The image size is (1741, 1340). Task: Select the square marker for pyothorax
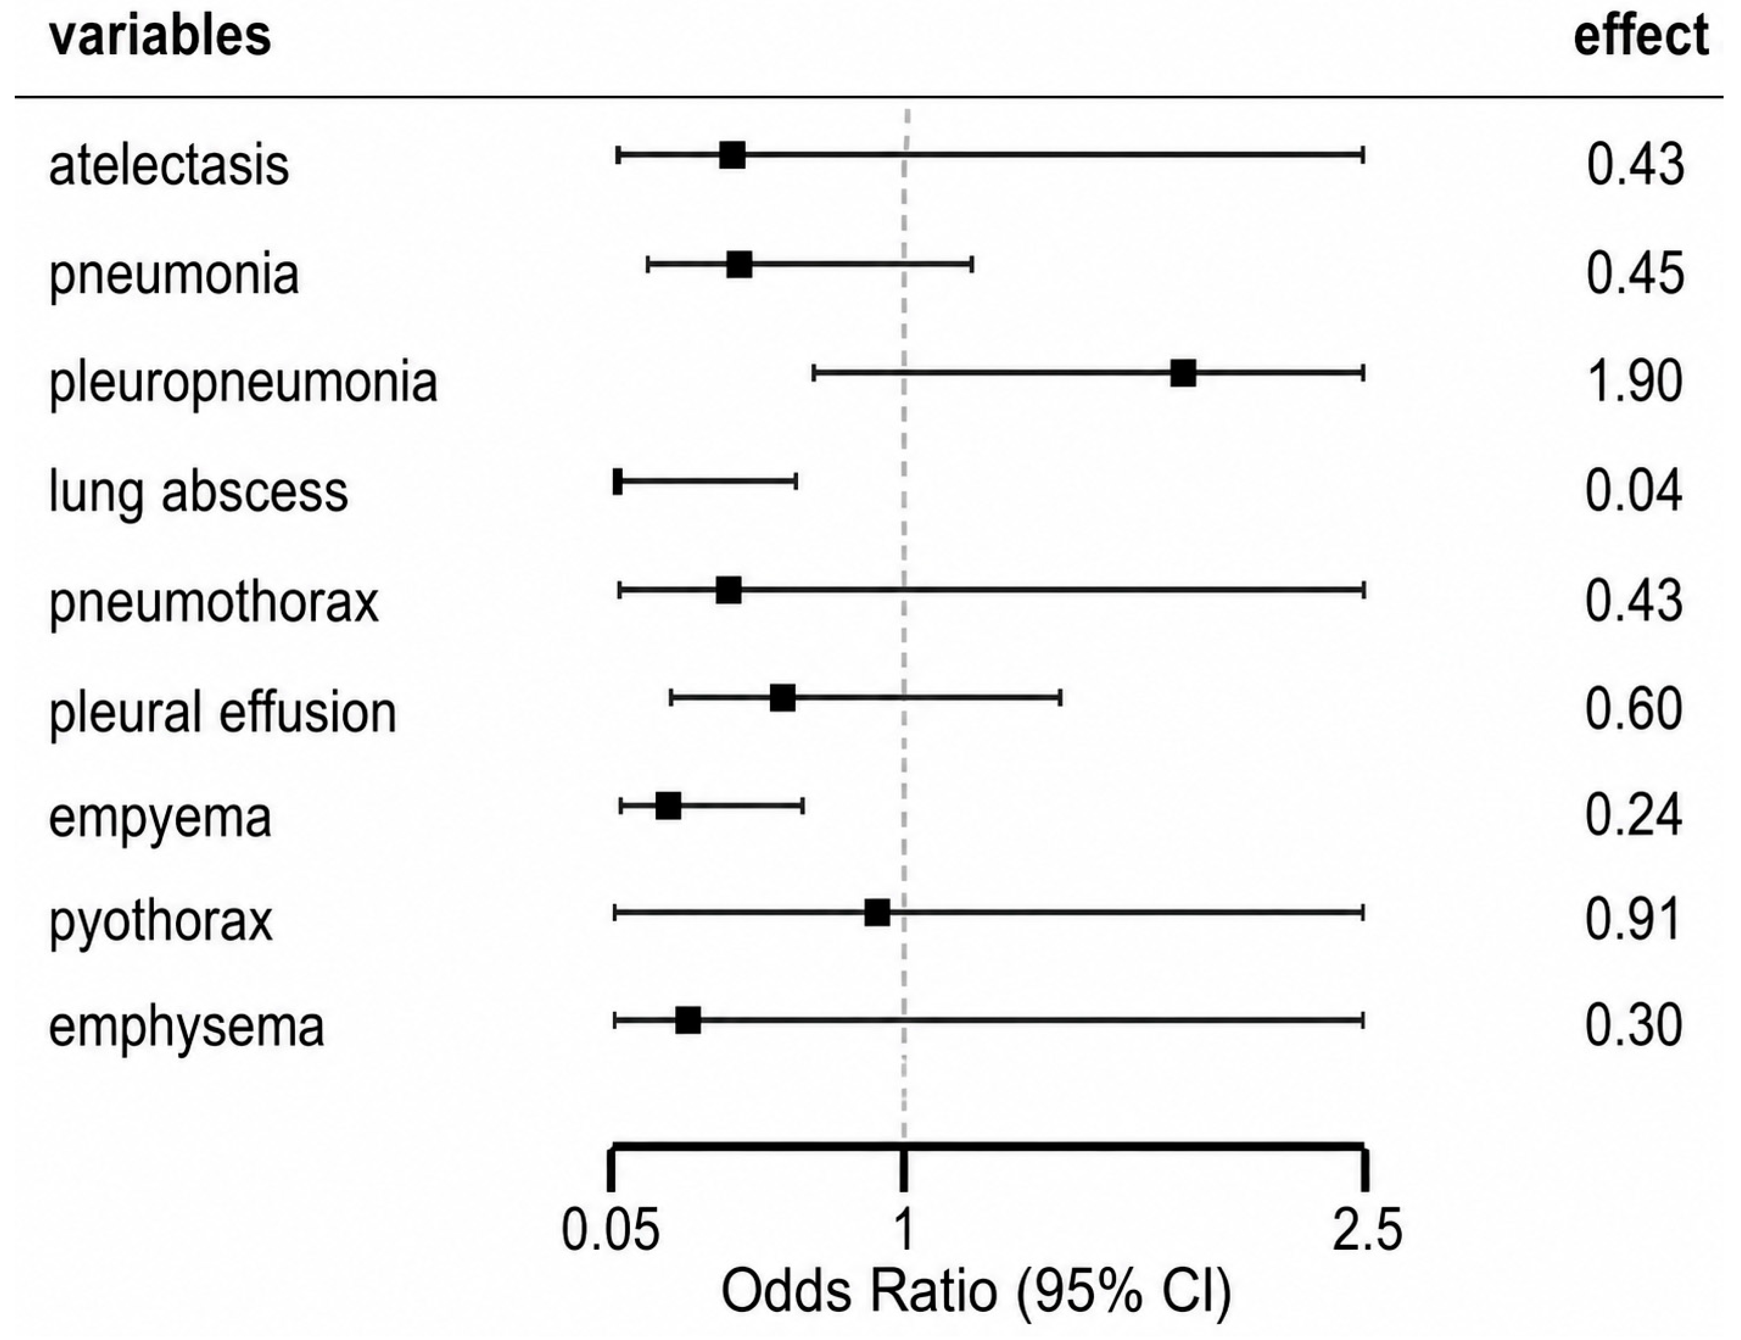tap(877, 912)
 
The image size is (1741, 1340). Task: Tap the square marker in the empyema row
tap(668, 806)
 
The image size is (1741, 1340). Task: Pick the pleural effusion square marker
tap(783, 698)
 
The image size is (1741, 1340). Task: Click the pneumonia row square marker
tap(739, 264)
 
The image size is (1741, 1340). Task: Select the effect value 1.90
tap(1634, 381)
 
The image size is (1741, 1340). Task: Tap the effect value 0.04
tap(1634, 491)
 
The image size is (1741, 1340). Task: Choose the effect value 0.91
tap(1634, 920)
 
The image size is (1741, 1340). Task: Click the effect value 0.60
tap(1634, 708)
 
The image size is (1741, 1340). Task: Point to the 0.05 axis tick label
tap(611, 1230)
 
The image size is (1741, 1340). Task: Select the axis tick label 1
tap(904, 1230)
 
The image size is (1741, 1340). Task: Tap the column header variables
tap(160, 36)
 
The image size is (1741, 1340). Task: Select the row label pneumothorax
tap(214, 602)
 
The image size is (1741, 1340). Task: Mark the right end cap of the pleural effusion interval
tap(1060, 698)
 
